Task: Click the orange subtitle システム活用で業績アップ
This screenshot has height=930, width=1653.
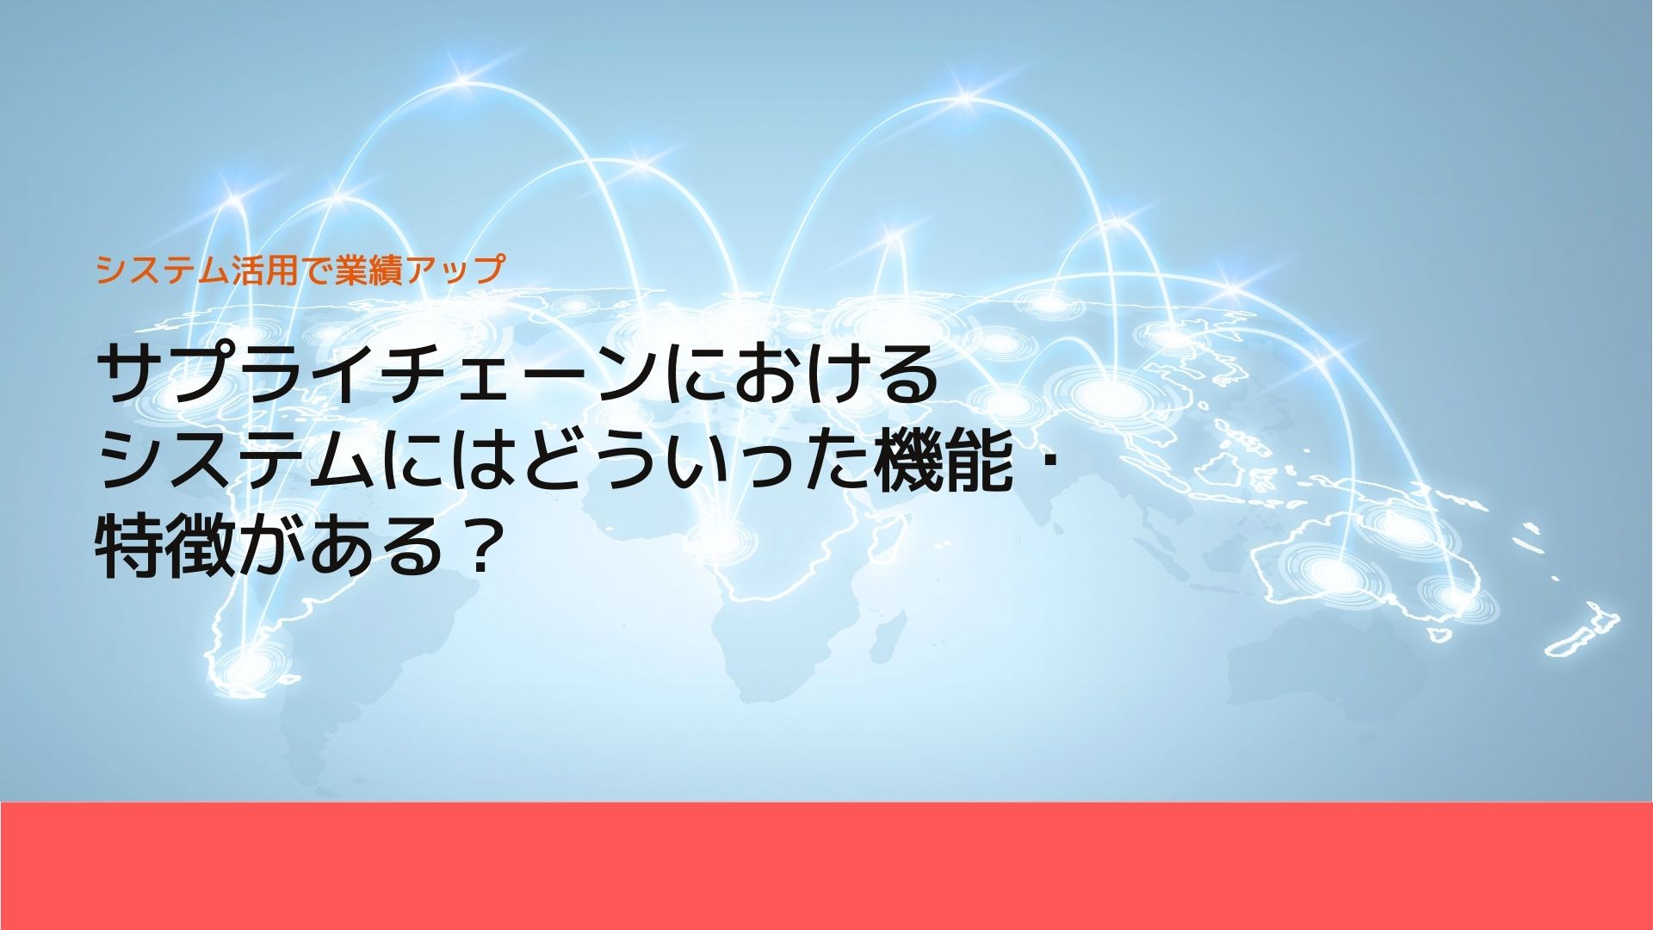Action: [x=299, y=270]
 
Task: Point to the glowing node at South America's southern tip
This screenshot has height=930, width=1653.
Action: [x=245, y=666]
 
